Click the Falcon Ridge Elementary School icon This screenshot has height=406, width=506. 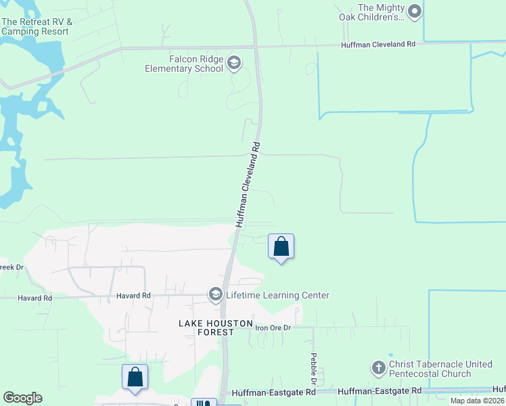[x=233, y=63]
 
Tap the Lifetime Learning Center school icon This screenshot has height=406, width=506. [x=216, y=294]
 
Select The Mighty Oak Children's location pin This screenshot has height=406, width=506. [x=415, y=12]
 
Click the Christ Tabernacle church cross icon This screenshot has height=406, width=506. [x=378, y=368]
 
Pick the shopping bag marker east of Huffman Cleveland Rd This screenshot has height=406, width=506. [x=281, y=247]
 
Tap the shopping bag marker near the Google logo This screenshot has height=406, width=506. [x=135, y=377]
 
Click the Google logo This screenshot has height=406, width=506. [x=22, y=398]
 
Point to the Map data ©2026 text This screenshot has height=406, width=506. [x=477, y=401]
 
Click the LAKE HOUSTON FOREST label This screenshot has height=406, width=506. [x=206, y=328]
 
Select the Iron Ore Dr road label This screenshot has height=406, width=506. [x=273, y=328]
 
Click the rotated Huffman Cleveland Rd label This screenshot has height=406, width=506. [x=248, y=184]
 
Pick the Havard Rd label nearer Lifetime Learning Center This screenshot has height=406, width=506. [x=133, y=296]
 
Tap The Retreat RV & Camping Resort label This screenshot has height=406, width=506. [x=37, y=26]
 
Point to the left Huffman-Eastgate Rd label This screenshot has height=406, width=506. [x=273, y=392]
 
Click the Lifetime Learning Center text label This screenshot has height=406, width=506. [x=277, y=295]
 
